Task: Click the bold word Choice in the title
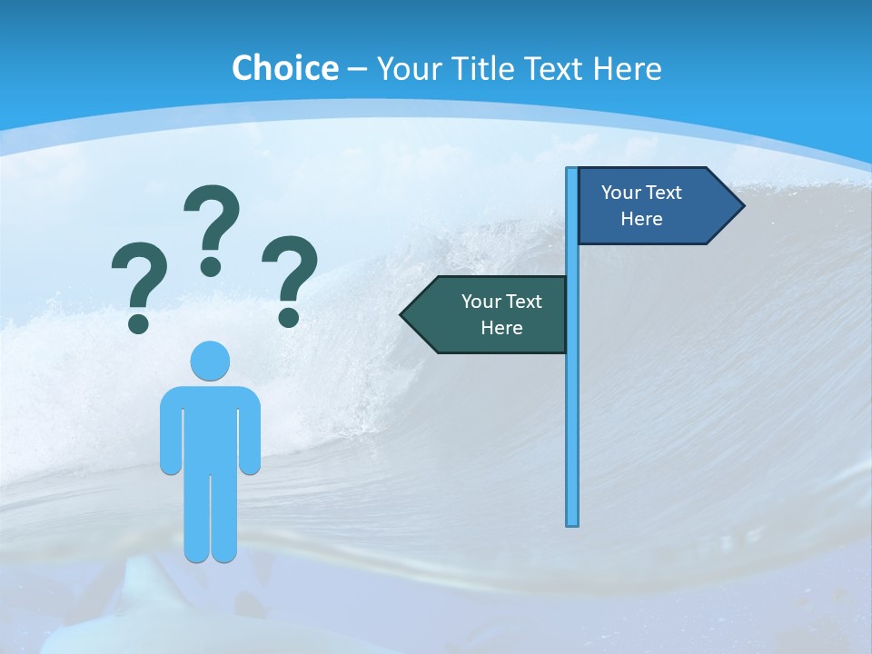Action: pyautogui.click(x=284, y=68)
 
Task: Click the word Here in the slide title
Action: pyautogui.click(x=627, y=68)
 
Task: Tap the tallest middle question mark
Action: pyautogui.click(x=212, y=227)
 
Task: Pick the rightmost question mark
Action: pyautogui.click(x=290, y=277)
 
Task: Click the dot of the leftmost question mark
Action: pyautogui.click(x=138, y=322)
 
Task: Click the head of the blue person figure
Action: pyautogui.click(x=210, y=361)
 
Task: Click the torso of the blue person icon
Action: pyautogui.click(x=210, y=427)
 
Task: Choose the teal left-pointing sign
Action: pyautogui.click(x=490, y=314)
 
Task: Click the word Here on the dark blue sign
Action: pyautogui.click(x=641, y=219)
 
